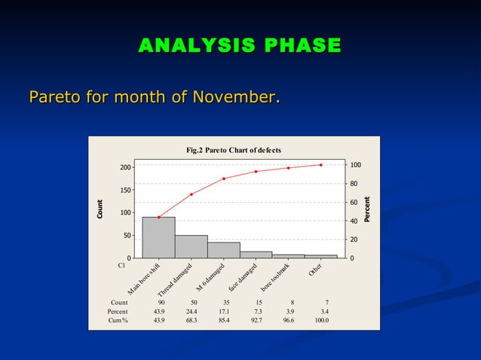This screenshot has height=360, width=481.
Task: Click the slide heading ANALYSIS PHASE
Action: (240, 46)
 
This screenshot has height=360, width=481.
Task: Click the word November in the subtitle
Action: (234, 98)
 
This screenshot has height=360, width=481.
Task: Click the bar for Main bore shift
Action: (158, 238)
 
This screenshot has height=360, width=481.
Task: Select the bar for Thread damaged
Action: (191, 247)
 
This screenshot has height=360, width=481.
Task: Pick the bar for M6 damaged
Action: (224, 250)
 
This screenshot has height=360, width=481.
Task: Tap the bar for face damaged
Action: (256, 255)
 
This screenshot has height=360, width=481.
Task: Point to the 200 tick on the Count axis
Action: (125, 167)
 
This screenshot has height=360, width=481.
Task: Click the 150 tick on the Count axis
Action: (125, 190)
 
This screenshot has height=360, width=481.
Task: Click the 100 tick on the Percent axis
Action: (355, 165)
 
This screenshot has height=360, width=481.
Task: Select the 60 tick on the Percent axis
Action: (353, 203)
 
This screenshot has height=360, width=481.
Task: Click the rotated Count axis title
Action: (100, 209)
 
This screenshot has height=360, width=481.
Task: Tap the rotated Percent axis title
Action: (367, 209)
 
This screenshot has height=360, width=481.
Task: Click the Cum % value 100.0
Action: (321, 320)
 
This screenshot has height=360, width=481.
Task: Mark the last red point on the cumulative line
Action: (320, 165)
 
